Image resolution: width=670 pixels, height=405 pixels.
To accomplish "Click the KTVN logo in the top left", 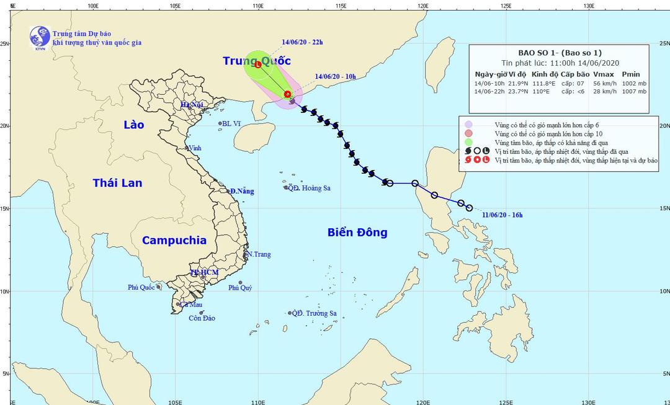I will pyautogui.click(x=40, y=38).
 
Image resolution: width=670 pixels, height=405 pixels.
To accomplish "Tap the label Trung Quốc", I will pyautogui.click(x=257, y=61).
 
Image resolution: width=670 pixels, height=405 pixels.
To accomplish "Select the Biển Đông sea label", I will pyautogui.click(x=357, y=233).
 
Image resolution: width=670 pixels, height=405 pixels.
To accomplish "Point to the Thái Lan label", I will pyautogui.click(x=117, y=183).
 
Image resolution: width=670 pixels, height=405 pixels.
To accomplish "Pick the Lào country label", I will pyautogui.click(x=133, y=125).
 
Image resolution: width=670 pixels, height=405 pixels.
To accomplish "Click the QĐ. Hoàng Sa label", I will pyautogui.click(x=309, y=188).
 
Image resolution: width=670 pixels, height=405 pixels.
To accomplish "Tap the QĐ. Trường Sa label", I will pyautogui.click(x=315, y=314).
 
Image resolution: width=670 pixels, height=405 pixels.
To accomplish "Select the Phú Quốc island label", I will pyautogui.click(x=141, y=287).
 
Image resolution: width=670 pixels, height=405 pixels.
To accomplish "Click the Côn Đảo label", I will pyautogui.click(x=202, y=318).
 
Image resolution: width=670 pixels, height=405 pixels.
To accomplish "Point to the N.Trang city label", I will pyautogui.click(x=259, y=254).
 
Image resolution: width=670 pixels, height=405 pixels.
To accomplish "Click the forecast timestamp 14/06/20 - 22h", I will pyautogui.click(x=302, y=43).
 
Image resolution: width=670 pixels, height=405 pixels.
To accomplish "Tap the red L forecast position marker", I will pyautogui.click(x=258, y=65).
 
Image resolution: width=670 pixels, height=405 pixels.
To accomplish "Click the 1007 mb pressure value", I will pyautogui.click(x=633, y=91).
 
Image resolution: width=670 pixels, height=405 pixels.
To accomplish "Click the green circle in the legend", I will pyautogui.click(x=469, y=142).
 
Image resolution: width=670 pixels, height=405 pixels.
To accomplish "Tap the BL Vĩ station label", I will pyautogui.click(x=231, y=124).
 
